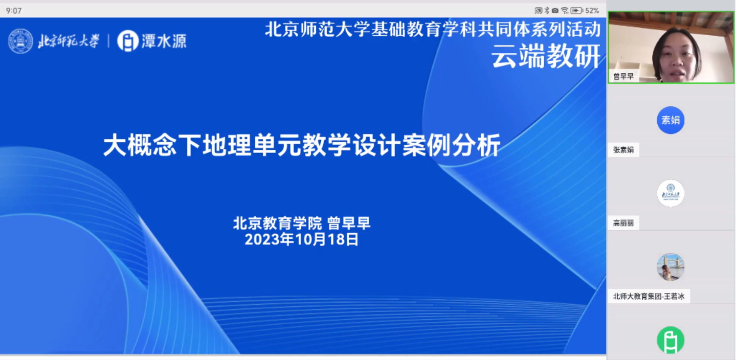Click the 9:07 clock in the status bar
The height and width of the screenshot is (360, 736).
coord(14,11)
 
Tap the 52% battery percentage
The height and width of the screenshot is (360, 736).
coord(592,10)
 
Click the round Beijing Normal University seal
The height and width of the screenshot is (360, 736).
coord(20,41)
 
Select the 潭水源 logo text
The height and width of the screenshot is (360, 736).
coord(164,41)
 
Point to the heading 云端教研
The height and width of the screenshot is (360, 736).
coord(546,56)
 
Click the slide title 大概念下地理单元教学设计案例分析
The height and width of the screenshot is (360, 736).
coord(302,145)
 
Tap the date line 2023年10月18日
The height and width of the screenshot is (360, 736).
coord(302,239)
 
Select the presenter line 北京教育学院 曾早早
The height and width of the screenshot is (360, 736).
coord(302,223)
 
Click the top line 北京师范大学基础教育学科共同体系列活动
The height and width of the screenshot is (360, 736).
coord(433,29)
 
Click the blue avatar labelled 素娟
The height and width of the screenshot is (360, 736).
coord(670,120)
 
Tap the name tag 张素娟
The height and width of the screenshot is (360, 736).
coord(623,150)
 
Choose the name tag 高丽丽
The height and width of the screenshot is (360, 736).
coord(623,223)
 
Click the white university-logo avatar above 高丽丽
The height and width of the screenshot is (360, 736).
coord(670,193)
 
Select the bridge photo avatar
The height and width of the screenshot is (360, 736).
coord(670,267)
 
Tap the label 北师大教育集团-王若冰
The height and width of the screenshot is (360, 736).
coord(648,296)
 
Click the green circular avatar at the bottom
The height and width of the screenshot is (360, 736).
coord(670,340)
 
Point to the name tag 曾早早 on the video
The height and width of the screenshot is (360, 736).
coord(623,77)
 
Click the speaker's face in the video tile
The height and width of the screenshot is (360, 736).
coord(676,57)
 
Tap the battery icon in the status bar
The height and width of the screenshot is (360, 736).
coord(576,10)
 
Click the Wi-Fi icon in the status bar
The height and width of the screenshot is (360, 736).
coord(565,10)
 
